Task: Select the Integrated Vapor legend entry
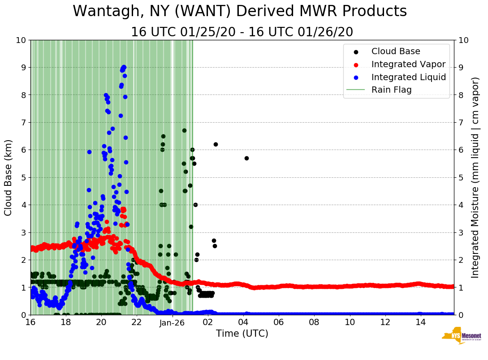408,64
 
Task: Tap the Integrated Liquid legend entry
408,77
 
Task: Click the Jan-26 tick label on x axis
173,322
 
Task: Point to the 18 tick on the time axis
65,322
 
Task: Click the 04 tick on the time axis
243,322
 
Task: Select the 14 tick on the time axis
420,322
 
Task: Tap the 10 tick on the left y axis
21,40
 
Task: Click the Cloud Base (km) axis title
9,177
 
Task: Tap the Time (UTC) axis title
242,334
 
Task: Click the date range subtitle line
242,32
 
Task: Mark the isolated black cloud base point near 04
246,158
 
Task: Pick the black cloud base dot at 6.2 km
216,144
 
